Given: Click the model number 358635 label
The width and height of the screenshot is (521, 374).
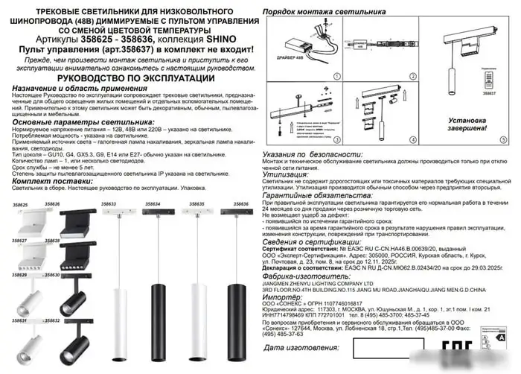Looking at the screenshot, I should click(x=199, y=203).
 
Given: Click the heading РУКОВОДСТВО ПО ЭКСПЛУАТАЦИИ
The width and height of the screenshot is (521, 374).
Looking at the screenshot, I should click(x=131, y=76).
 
